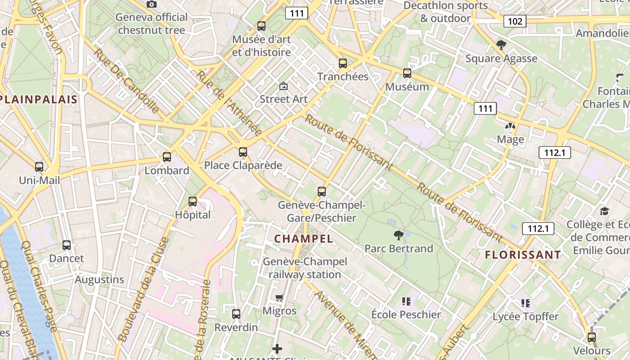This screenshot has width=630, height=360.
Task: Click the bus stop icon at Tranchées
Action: (x=343, y=63)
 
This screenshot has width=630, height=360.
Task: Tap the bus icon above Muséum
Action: (x=407, y=73)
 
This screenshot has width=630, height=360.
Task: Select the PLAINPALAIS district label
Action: (x=39, y=99)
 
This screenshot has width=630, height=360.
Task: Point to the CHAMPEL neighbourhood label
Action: (x=304, y=239)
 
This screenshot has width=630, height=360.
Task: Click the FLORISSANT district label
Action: (x=523, y=255)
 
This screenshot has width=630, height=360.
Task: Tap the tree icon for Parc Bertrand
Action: (x=398, y=235)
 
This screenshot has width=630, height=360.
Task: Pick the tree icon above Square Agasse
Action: (x=501, y=45)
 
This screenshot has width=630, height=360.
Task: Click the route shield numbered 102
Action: (x=515, y=21)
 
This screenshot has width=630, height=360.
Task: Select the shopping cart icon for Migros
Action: (x=279, y=297)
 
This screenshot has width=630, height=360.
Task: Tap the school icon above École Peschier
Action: (x=406, y=301)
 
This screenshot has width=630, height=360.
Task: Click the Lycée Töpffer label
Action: (x=525, y=316)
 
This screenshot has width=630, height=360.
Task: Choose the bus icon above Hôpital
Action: (x=193, y=202)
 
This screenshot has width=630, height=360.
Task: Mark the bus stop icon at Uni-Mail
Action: (x=39, y=167)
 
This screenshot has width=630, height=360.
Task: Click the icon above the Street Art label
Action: (x=283, y=86)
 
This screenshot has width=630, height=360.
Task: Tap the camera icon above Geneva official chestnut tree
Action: (x=152, y=4)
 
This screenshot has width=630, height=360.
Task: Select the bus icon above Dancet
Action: (x=67, y=245)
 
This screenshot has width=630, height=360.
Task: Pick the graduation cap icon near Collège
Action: (x=604, y=211)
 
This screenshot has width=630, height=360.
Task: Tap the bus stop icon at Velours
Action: (x=592, y=337)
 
